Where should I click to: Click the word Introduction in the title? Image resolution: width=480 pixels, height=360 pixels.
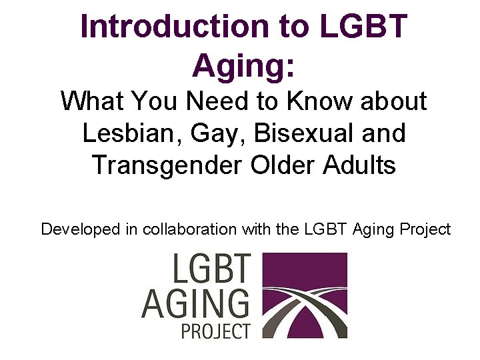coord(171,27)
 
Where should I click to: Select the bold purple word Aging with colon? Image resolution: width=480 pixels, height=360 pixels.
coord(243,65)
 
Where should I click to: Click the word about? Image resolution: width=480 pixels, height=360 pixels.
coord(393,102)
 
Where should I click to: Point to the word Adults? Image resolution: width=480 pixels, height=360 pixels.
coord(361,165)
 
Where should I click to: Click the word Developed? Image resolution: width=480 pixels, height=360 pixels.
coord(80,230)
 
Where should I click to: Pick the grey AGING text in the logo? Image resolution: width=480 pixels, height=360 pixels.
coord(195,303)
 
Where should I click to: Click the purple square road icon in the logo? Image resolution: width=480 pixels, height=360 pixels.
coord(303,295)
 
